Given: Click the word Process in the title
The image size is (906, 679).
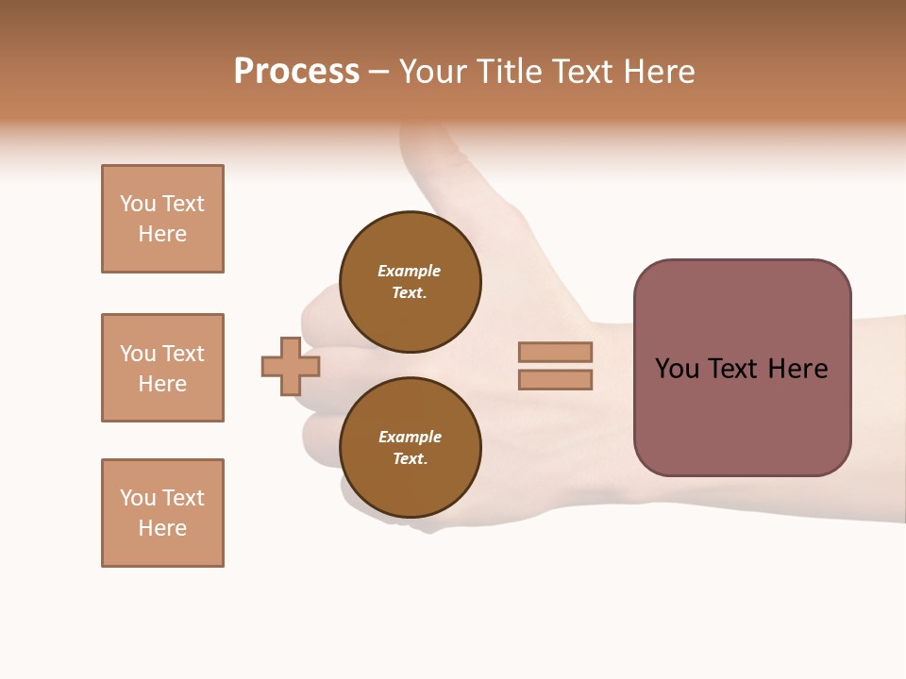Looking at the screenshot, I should [x=296, y=72].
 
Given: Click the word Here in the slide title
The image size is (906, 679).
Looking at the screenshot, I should [x=657, y=72].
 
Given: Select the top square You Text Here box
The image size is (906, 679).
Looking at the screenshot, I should [x=162, y=219].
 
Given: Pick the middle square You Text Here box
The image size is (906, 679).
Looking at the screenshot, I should [x=162, y=368].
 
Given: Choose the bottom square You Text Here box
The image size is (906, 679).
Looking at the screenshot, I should [x=162, y=513].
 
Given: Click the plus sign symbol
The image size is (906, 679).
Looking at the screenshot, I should [x=291, y=366].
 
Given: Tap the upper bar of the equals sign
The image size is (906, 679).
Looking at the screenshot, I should [x=555, y=352].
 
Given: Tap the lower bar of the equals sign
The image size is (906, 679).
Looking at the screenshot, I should [x=555, y=380].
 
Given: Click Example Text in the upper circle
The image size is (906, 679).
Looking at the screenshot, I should [x=410, y=282].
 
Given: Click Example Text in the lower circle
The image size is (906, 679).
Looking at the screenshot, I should [x=410, y=448].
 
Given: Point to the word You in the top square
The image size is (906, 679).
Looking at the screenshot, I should [x=137, y=204].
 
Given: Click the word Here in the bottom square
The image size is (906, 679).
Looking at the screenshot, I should [x=162, y=528].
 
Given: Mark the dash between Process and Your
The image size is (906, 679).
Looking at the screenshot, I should [x=378, y=73].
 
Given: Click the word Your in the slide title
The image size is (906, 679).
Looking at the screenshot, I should [x=431, y=72].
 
